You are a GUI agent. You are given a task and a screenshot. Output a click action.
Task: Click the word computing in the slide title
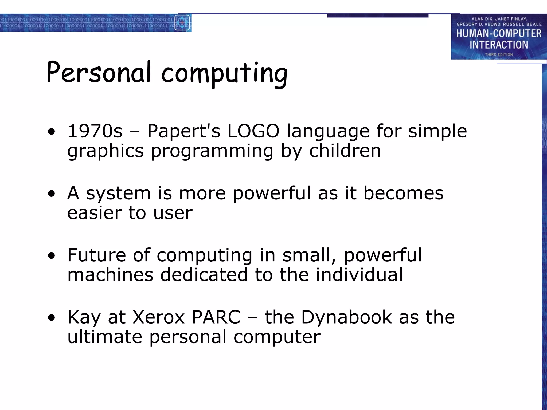click(224, 73)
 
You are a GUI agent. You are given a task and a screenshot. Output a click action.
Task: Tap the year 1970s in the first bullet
click(95, 131)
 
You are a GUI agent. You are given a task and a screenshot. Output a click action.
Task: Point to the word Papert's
click(184, 132)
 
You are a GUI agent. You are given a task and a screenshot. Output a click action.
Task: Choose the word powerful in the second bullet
click(272, 194)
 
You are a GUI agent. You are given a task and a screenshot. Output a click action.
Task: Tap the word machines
click(110, 275)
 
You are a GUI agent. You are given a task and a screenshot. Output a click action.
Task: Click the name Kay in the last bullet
click(84, 318)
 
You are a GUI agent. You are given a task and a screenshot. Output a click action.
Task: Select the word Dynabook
click(346, 318)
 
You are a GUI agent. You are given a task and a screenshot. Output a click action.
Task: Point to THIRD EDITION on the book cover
click(499, 54)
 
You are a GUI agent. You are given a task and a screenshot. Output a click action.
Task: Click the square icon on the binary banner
click(182, 23)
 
